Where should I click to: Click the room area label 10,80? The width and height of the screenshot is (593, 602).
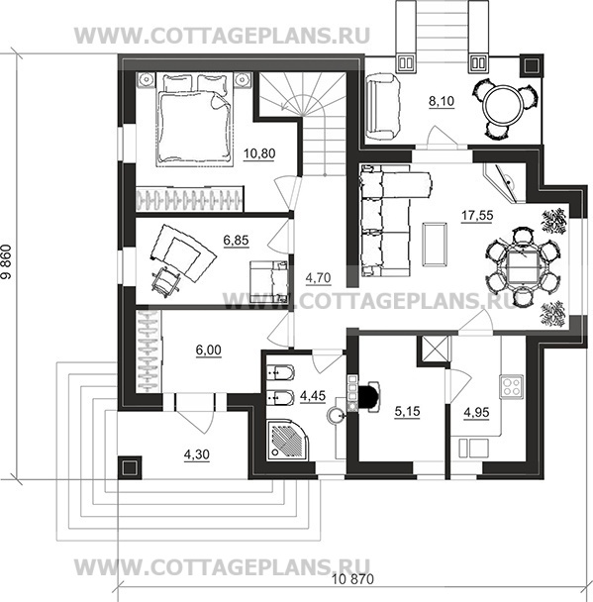tap(259, 153)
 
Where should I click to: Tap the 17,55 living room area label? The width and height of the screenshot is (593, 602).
tap(477, 216)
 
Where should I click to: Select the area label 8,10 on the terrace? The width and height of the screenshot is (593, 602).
tap(442, 101)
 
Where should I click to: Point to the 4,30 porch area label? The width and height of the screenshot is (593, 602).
tap(197, 454)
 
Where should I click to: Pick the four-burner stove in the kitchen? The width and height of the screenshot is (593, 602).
tap(511, 386)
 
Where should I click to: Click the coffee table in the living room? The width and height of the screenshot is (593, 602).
tap(435, 245)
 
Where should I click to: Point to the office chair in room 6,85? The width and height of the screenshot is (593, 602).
tap(165, 281)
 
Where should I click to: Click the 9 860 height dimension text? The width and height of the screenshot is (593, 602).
tap(10, 261)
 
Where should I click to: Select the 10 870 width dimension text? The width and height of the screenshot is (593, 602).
tap(352, 578)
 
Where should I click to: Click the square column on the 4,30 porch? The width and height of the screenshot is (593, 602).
tap(130, 467)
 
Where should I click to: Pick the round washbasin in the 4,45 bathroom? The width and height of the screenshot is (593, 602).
tap(336, 416)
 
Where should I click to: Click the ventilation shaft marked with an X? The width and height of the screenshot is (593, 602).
tap(435, 349)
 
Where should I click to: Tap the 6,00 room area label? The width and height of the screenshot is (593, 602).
tap(209, 351)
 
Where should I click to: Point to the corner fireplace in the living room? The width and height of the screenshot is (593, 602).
tap(504, 183)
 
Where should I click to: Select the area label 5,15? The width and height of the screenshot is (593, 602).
tap(407, 412)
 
